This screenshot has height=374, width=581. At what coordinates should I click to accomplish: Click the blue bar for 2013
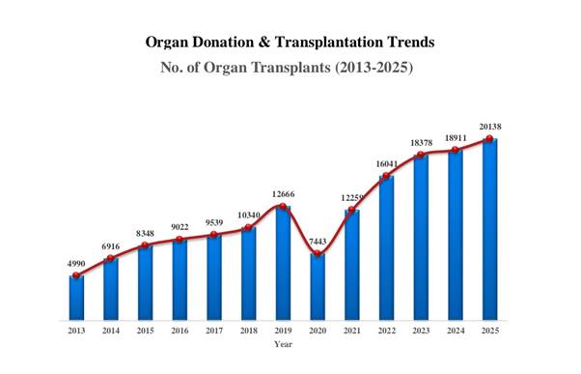(76, 298)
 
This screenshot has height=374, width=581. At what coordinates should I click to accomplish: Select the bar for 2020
(318, 287)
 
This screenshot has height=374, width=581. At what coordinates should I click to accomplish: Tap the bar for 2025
(490, 229)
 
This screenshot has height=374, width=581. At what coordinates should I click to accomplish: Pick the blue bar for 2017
(214, 277)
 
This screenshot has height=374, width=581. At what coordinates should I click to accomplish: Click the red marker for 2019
(283, 206)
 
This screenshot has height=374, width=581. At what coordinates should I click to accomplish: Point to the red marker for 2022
(386, 176)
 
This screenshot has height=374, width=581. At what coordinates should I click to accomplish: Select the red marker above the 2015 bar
(145, 245)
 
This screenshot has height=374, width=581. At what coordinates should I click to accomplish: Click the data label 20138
(490, 127)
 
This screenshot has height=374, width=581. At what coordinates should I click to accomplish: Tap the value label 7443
(318, 242)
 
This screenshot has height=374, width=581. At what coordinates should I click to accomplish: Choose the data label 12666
(283, 194)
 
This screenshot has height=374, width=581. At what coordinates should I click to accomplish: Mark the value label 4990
(76, 264)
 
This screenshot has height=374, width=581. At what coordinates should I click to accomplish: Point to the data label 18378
(422, 143)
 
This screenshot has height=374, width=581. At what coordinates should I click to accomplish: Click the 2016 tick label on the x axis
(180, 331)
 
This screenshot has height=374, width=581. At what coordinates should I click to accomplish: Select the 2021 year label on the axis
(352, 331)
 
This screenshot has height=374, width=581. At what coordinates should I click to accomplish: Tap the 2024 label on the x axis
(456, 331)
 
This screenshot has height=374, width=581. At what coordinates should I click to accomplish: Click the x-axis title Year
(283, 344)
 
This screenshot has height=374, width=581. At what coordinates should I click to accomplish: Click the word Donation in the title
(223, 42)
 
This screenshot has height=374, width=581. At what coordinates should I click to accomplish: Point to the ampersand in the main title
(264, 42)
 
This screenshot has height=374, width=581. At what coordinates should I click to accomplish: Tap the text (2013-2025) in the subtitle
(373, 68)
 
